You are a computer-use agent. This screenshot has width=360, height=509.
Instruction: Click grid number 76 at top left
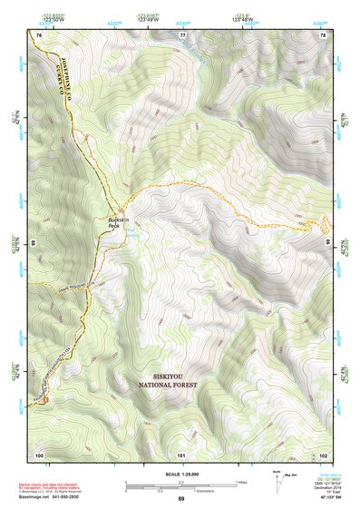click(x=39, y=34)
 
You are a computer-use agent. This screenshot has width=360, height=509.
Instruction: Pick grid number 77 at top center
click(x=182, y=34)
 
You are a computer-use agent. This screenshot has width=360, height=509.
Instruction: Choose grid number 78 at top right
click(x=323, y=34)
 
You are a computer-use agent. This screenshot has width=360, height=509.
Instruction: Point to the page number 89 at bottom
click(x=181, y=500)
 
